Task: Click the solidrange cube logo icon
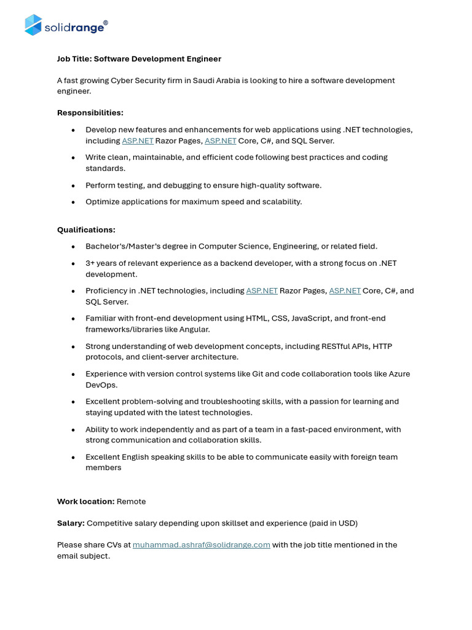[x=33, y=25]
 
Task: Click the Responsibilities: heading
[x=90, y=113]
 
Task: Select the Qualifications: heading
[x=86, y=229]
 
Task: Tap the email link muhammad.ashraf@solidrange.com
[x=201, y=544]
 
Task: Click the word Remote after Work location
[x=131, y=501]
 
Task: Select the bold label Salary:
[x=71, y=523]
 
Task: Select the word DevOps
[x=101, y=385]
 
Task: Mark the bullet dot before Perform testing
[x=73, y=185]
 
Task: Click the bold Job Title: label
[x=74, y=59]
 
